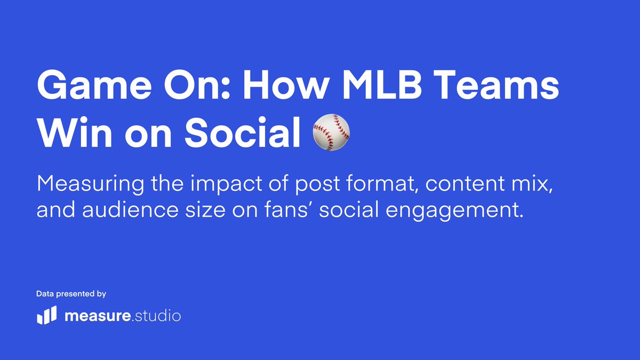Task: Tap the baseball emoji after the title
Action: pos(331,131)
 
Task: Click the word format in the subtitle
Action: pos(383,185)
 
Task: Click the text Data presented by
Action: pos(71,294)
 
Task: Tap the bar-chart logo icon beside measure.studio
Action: pos(46,316)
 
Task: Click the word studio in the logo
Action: pos(157,316)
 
